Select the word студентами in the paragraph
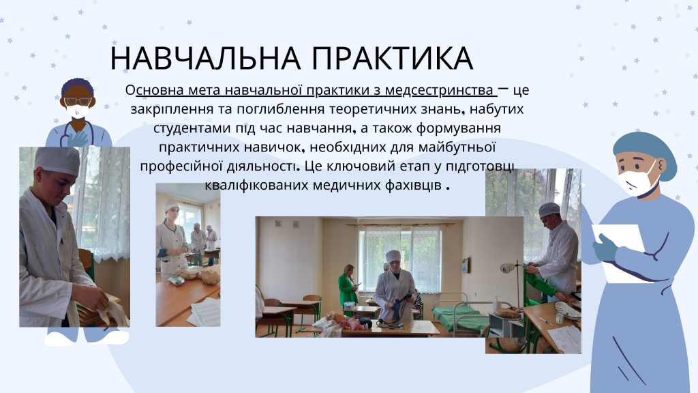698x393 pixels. (190, 128)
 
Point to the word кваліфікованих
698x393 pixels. (256, 185)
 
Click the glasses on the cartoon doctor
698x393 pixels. (78, 101)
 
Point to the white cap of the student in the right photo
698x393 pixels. (549, 209)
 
